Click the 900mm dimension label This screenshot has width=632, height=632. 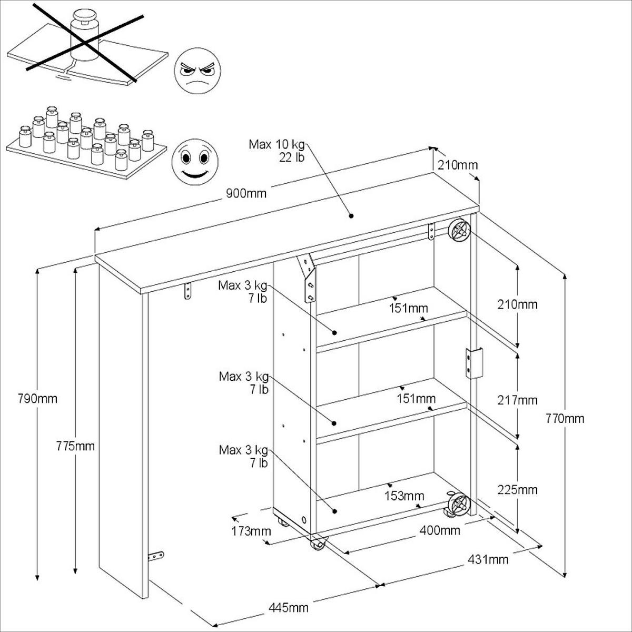246,193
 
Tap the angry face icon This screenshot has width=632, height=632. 197,71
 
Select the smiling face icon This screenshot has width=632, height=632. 195,161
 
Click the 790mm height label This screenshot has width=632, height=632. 37,399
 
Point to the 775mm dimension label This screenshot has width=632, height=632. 75,446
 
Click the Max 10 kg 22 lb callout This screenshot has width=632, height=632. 278,151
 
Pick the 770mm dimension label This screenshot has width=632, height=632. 565,419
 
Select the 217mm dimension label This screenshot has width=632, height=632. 518,400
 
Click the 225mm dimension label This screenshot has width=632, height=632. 518,490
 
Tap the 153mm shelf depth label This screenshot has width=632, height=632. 404,496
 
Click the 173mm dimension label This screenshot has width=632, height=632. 251,530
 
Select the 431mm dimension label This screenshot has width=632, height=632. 488,559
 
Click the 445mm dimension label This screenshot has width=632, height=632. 288,608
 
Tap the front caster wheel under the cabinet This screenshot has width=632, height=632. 318,544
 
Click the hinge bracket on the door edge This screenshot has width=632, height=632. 473,363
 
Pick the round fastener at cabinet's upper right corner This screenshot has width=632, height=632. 458,230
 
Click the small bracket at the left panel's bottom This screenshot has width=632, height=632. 156,555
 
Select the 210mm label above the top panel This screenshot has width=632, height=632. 457,165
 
